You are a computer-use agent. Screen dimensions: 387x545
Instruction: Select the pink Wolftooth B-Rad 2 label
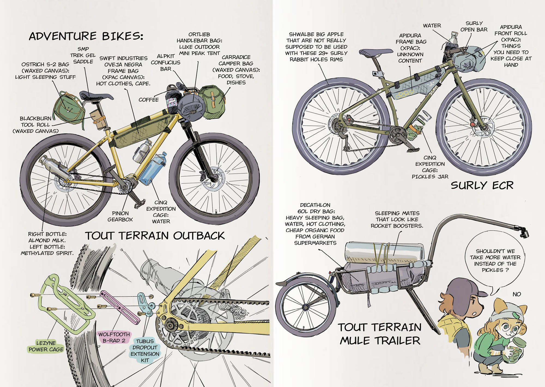coord(114,337)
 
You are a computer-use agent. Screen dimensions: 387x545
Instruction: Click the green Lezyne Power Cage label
coord(46,346)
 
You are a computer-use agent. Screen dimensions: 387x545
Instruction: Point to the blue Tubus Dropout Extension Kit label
coord(145,351)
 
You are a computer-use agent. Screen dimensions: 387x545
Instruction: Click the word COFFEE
coord(149,100)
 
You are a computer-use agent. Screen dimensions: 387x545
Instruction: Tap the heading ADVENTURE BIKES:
coord(86,36)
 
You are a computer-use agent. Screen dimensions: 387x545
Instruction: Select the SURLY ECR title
coord(482,185)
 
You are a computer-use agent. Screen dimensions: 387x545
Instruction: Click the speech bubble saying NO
coord(517,294)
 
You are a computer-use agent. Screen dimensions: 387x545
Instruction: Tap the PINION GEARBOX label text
coord(120,216)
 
